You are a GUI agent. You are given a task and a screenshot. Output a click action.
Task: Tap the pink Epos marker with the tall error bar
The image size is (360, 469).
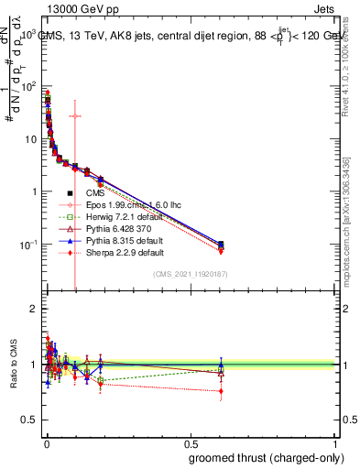(x=75, y=116)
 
